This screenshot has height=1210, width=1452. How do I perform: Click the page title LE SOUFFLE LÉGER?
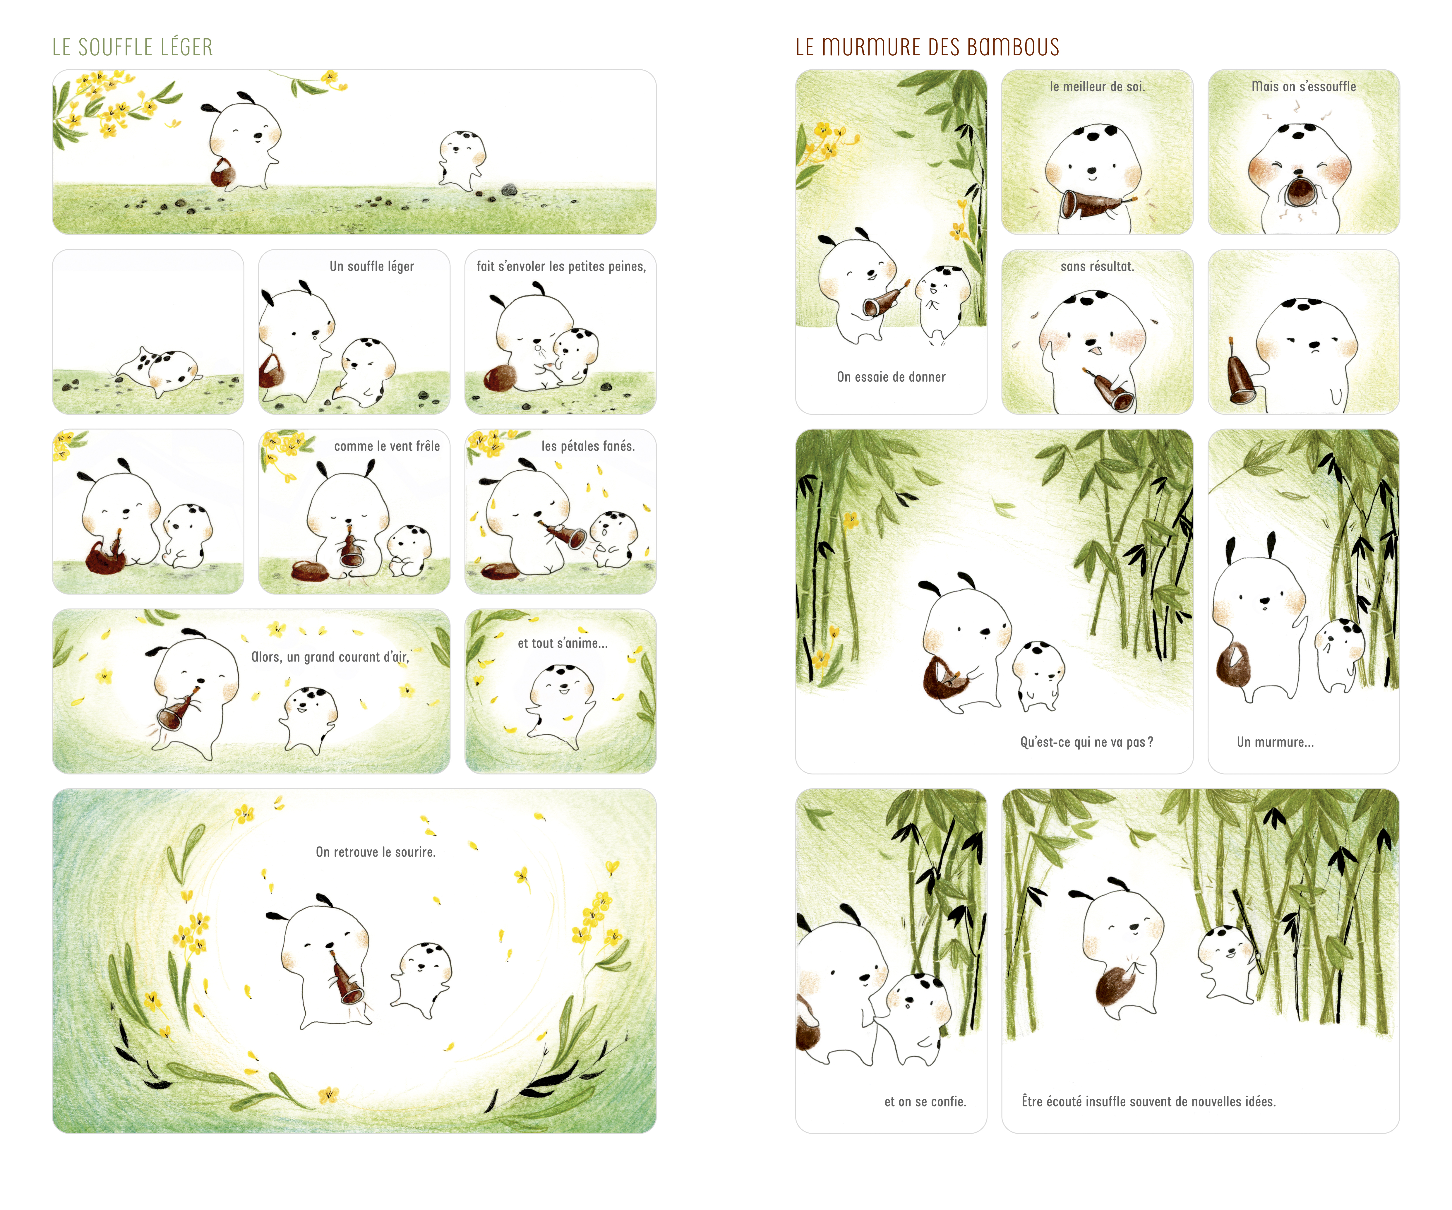(133, 47)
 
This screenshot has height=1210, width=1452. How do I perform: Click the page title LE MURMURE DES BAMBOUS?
(927, 47)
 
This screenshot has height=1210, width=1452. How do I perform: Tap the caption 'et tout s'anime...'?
(563, 643)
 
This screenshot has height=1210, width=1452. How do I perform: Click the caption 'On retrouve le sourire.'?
(376, 852)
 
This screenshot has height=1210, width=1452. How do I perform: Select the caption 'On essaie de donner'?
(891, 377)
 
